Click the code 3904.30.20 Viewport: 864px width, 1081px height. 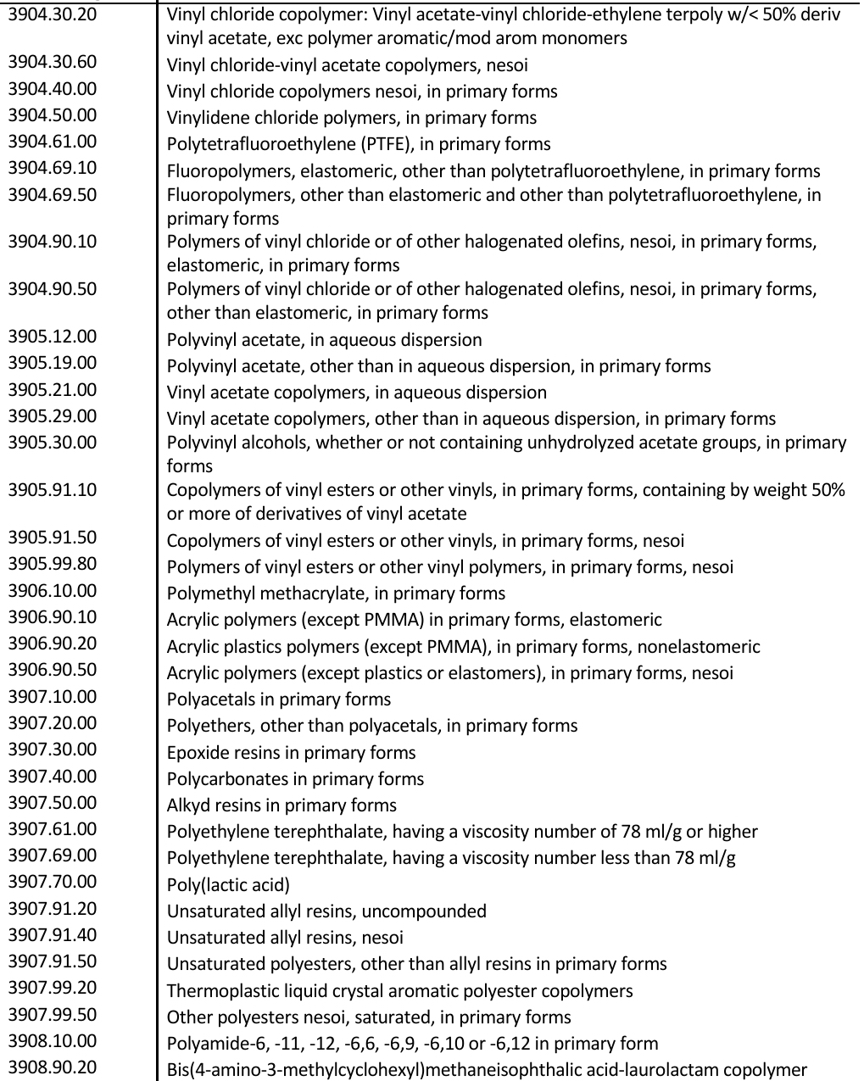pyautogui.click(x=53, y=14)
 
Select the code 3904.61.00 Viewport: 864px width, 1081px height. pyautogui.click(x=53, y=142)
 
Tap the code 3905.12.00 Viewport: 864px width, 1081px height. pyautogui.click(x=53, y=337)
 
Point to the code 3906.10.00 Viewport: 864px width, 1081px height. pyautogui.click(x=53, y=591)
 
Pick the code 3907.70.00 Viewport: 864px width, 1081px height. pyautogui.click(x=53, y=882)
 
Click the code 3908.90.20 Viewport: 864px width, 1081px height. pyautogui.click(x=53, y=1067)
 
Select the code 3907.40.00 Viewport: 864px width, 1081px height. pyautogui.click(x=53, y=777)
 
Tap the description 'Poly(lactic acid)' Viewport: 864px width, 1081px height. pyautogui.click(x=228, y=885)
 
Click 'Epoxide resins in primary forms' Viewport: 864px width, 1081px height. pyautogui.click(x=291, y=753)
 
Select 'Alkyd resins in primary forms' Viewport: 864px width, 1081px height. pyautogui.click(x=281, y=805)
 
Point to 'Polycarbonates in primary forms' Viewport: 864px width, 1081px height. pyautogui.click(x=295, y=779)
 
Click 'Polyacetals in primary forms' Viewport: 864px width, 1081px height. pyautogui.click(x=279, y=699)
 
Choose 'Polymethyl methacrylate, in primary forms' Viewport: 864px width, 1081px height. pyautogui.click(x=336, y=593)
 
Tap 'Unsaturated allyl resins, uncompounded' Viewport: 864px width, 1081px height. pyautogui.click(x=326, y=911)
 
